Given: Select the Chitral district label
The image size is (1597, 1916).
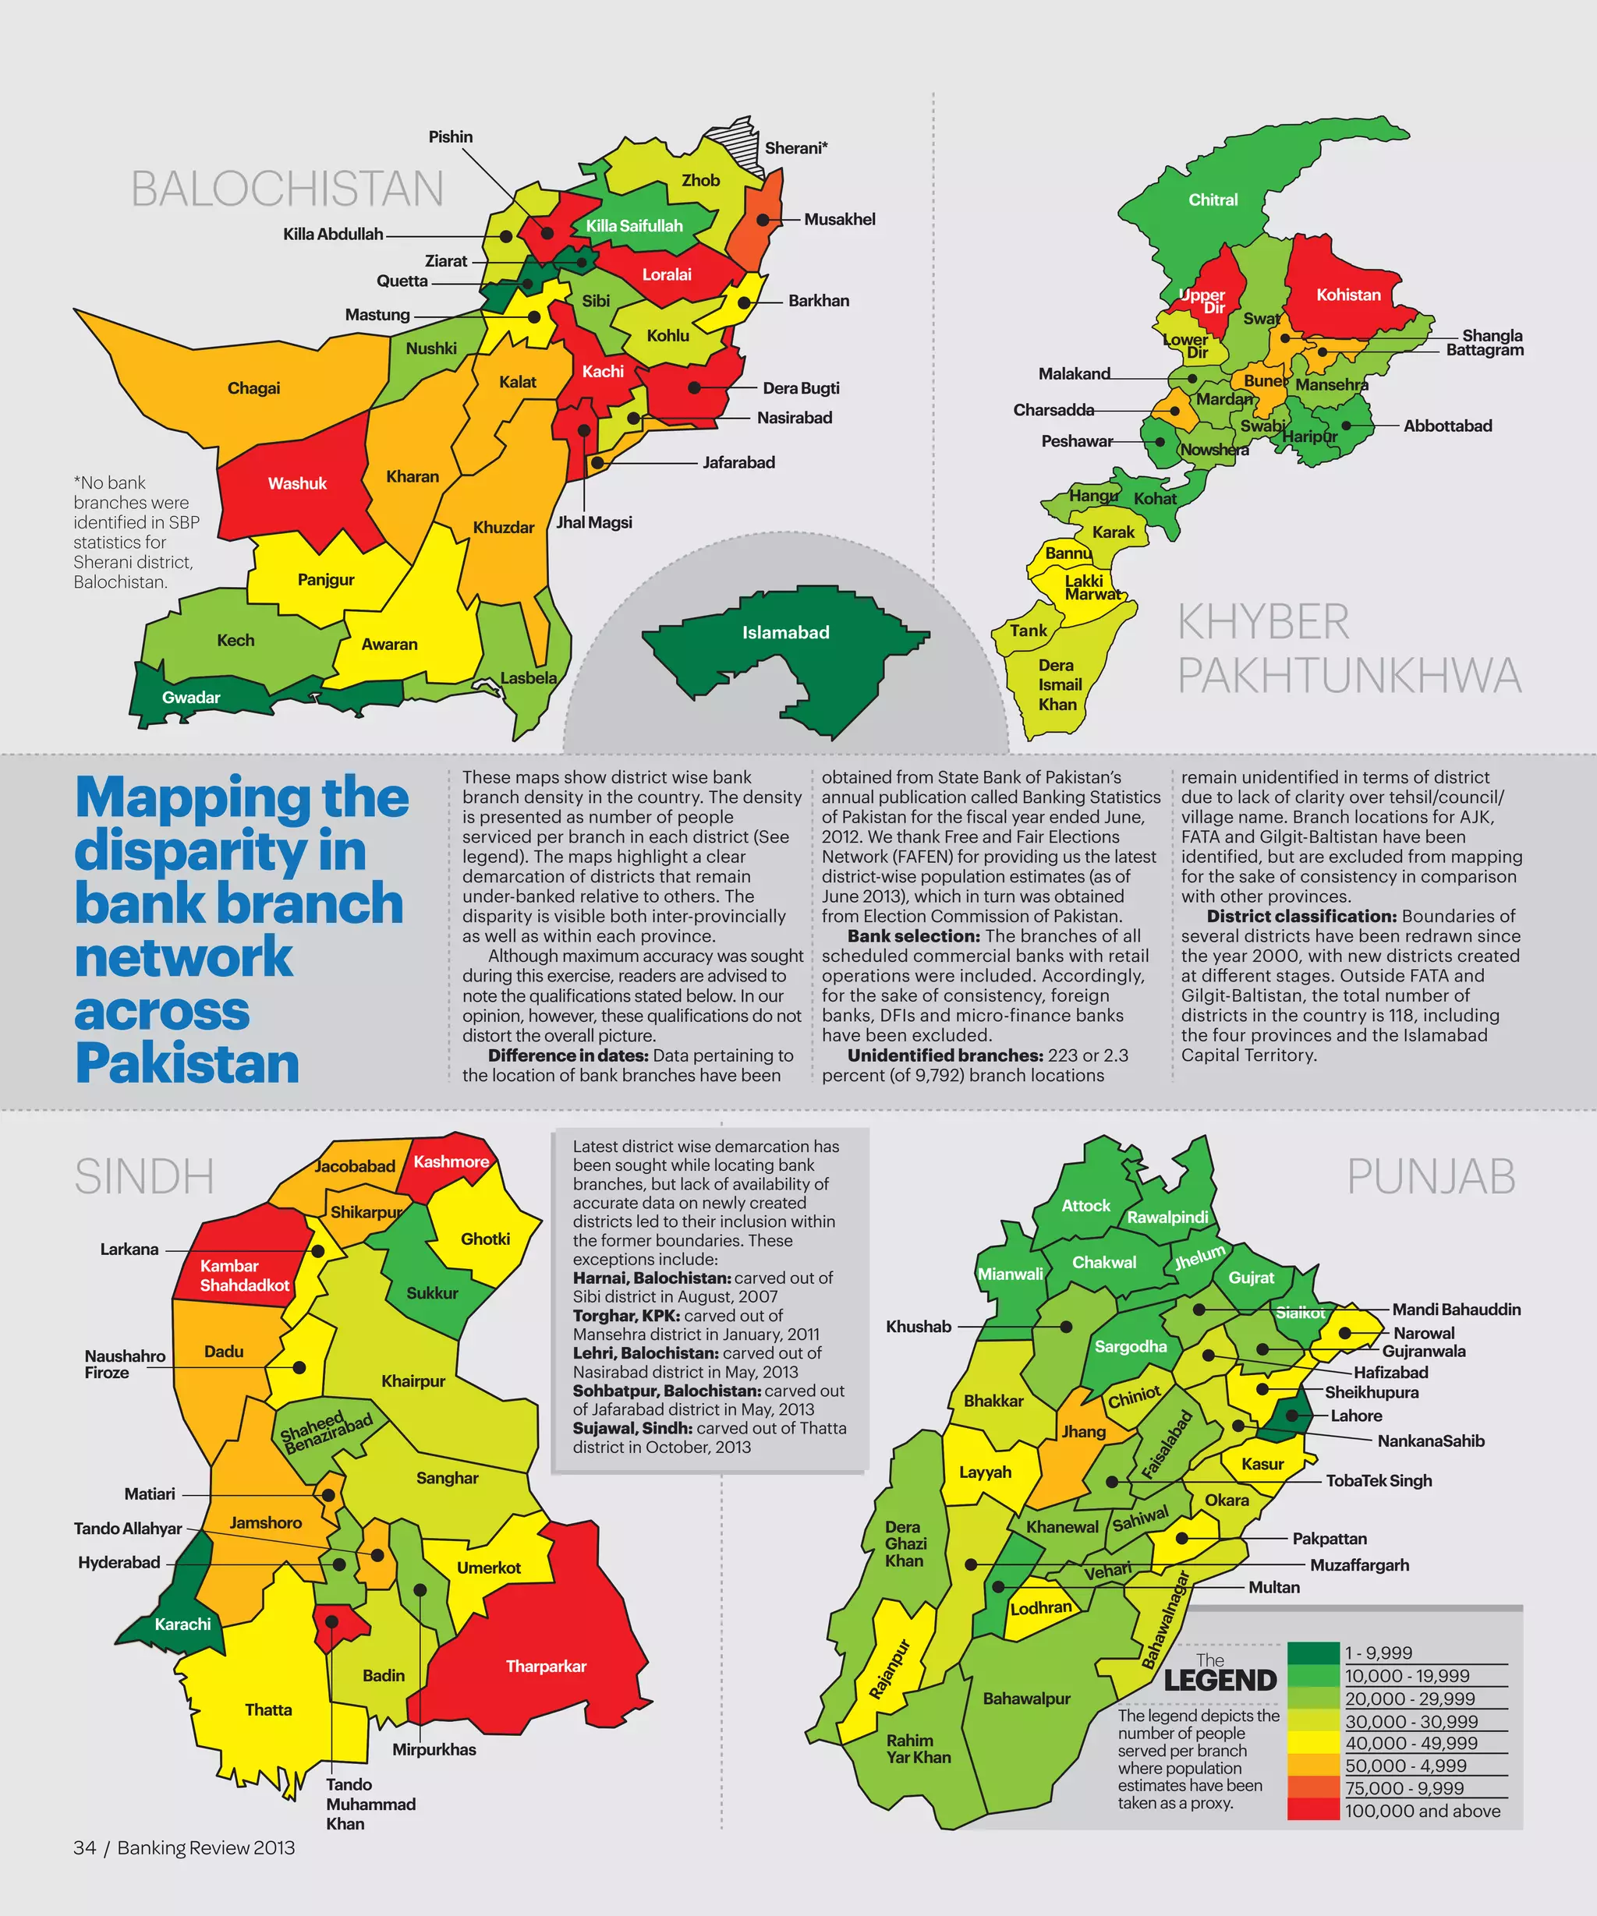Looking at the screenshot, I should [1213, 200].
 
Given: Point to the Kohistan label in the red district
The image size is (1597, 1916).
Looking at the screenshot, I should [1348, 295].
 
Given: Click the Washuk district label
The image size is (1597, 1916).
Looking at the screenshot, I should [296, 483].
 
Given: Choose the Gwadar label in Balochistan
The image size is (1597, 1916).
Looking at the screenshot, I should [191, 697].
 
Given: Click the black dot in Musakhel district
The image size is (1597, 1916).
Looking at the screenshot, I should [763, 220].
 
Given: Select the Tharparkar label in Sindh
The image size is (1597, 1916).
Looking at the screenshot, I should [546, 1666].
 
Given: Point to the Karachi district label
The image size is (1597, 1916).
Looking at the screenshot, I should [182, 1624].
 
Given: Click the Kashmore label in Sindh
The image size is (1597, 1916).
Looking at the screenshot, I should [451, 1161].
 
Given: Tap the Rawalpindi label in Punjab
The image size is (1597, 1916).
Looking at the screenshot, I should [1167, 1217].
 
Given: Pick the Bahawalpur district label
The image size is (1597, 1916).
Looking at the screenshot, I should [1027, 1698].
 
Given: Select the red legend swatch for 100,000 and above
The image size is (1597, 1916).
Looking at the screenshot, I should [1313, 1810].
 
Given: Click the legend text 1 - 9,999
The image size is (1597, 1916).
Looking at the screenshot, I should [1378, 1653].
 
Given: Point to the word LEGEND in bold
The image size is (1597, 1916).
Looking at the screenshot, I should [1220, 1680].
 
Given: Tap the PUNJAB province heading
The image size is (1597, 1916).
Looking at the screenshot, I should [1430, 1177].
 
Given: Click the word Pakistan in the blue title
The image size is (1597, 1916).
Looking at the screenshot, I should [187, 1064].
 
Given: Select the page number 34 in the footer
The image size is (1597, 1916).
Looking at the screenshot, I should [84, 1847].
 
